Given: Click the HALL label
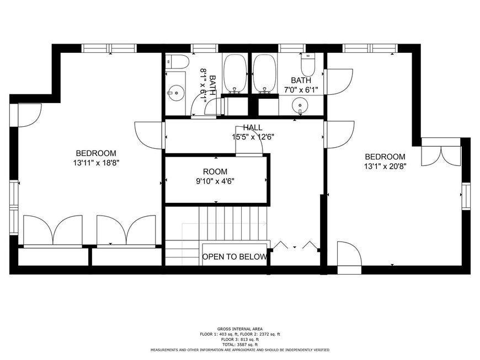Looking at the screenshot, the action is [253, 127].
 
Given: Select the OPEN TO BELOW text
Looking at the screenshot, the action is [234, 256].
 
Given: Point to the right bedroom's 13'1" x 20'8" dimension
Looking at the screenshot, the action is [385, 166].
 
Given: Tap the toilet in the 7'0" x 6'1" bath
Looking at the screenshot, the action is [308, 65].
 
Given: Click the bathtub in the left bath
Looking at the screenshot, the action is [235, 73].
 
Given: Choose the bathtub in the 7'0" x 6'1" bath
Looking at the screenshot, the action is [264, 73].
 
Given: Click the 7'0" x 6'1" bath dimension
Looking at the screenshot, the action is [301, 90].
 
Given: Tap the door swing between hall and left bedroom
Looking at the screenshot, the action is [150, 135].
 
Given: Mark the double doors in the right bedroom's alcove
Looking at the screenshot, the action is [441, 157].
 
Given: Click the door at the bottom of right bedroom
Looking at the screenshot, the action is [350, 256].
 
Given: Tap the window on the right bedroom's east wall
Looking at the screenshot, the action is [466, 196].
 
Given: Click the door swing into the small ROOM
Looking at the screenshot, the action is [249, 141].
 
